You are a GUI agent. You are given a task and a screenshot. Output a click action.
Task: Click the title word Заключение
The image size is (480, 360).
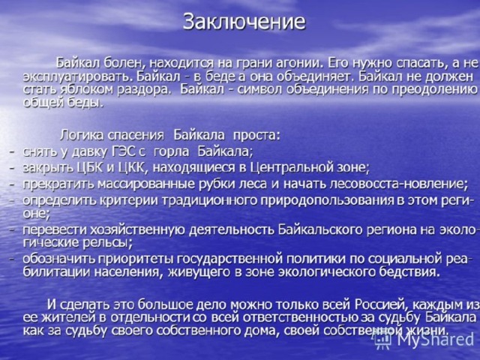244,22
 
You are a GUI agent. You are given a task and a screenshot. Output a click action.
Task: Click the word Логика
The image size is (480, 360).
82,135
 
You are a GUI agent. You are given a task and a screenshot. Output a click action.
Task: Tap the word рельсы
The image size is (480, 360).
106,243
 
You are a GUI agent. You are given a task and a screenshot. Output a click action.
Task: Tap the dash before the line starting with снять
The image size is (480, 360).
12,152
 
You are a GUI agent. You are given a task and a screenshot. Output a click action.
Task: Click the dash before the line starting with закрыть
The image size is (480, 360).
12,168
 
